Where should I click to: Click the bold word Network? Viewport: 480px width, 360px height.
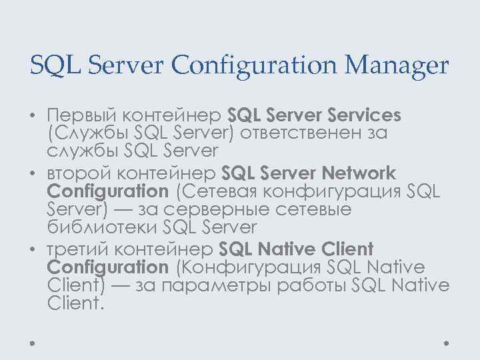(x=359, y=173)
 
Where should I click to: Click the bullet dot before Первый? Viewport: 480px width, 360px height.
(x=32, y=117)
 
